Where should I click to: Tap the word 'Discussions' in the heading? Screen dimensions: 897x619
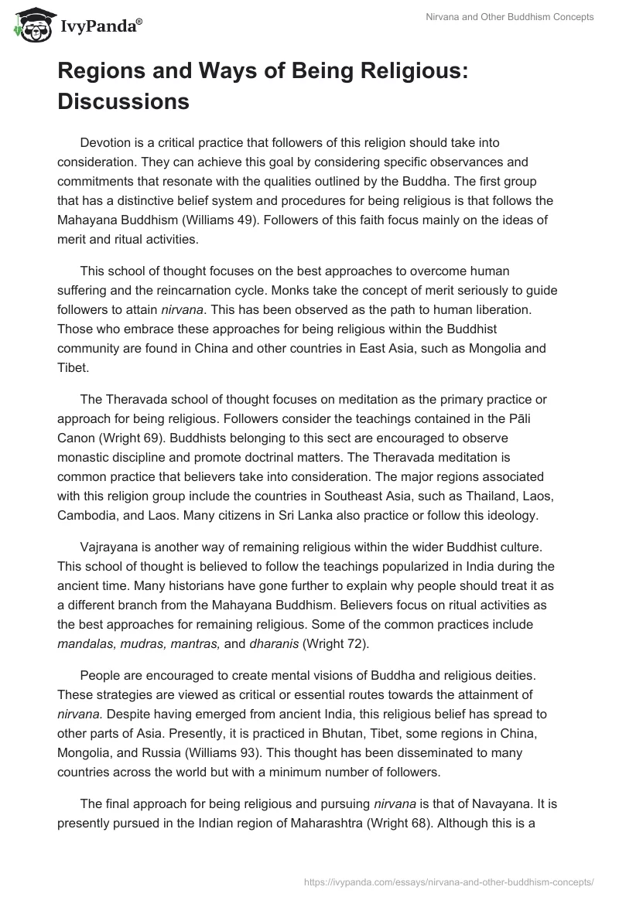123,101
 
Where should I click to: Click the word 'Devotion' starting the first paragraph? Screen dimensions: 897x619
104,142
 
